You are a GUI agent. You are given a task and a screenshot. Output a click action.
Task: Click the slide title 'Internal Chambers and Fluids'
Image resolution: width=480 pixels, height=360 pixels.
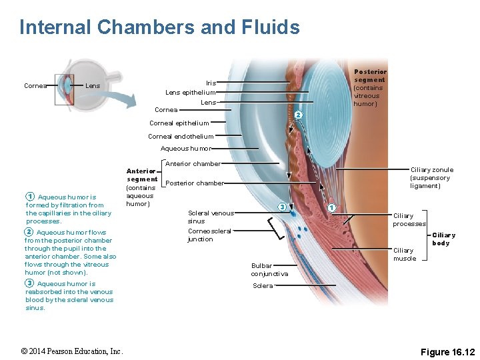pyautogui.click(x=159, y=27)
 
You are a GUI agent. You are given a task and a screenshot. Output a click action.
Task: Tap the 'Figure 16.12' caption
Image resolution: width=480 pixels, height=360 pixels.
pyautogui.click(x=447, y=351)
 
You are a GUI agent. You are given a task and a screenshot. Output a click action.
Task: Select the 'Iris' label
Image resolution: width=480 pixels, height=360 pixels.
pyautogui.click(x=211, y=83)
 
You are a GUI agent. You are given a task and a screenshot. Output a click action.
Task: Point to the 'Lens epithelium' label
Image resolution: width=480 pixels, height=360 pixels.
pyautogui.click(x=190, y=92)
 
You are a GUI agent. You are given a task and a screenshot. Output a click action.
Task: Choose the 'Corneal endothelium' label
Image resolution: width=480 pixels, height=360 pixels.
pyautogui.click(x=181, y=137)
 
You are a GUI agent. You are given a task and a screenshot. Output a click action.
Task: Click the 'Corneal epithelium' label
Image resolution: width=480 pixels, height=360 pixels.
pyautogui.click(x=179, y=123)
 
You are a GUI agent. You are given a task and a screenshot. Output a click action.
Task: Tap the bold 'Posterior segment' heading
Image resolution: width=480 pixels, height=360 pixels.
pyautogui.click(x=370, y=76)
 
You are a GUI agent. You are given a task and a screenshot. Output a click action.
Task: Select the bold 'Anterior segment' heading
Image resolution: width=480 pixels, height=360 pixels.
pyautogui.click(x=142, y=175)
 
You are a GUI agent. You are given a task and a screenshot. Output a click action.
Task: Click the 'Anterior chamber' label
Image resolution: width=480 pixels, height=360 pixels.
pyautogui.click(x=193, y=164)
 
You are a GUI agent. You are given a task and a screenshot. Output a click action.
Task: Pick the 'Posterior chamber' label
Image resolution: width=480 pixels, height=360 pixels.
pyautogui.click(x=194, y=183)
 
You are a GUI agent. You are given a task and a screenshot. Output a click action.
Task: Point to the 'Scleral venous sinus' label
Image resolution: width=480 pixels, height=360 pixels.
pyautogui.click(x=211, y=217)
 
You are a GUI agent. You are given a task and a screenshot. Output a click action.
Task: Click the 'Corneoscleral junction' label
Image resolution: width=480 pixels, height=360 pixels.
pyautogui.click(x=209, y=235)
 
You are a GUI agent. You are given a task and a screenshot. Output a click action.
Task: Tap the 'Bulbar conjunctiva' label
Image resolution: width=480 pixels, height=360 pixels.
pyautogui.click(x=269, y=269)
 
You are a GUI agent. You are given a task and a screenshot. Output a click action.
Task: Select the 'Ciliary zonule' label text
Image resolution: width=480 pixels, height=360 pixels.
pyautogui.click(x=431, y=170)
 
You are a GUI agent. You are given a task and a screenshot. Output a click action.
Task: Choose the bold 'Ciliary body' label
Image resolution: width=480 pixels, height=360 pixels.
pyautogui.click(x=443, y=239)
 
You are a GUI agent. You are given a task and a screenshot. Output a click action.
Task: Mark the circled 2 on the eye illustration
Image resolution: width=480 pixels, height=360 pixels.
pyautogui.click(x=299, y=115)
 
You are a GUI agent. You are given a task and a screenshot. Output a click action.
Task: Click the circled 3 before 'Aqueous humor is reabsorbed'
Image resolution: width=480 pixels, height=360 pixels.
pyautogui.click(x=29, y=283)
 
